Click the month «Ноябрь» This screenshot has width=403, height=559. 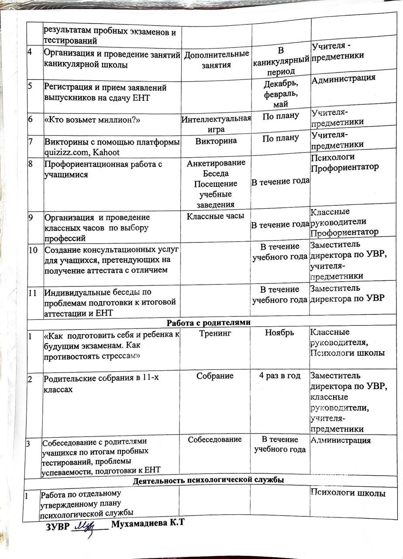click(x=279, y=333)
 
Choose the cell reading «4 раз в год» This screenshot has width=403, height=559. click(x=279, y=376)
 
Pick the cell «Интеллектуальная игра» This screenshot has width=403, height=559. click(x=216, y=124)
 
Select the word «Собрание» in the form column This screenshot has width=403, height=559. click(x=214, y=376)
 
